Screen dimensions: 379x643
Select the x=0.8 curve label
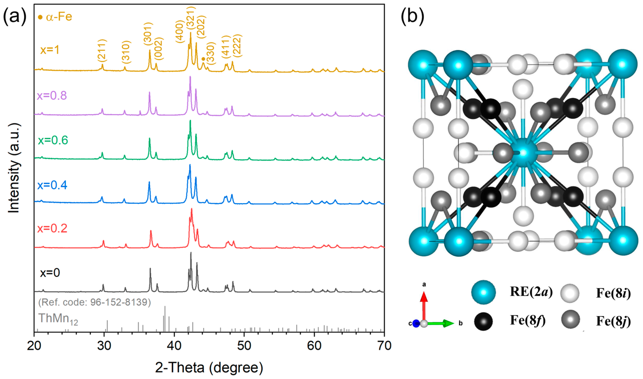[x=52, y=96]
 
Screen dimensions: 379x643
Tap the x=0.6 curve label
[x=53, y=140]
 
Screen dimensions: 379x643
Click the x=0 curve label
[x=50, y=273]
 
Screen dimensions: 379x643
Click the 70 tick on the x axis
[x=384, y=346]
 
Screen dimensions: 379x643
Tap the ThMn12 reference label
[x=58, y=319]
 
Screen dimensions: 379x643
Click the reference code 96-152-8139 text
[x=95, y=302]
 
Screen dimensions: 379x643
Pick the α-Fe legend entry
[x=55, y=17]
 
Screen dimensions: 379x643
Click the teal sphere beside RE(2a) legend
[x=483, y=292]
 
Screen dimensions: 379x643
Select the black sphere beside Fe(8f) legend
[x=483, y=321]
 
